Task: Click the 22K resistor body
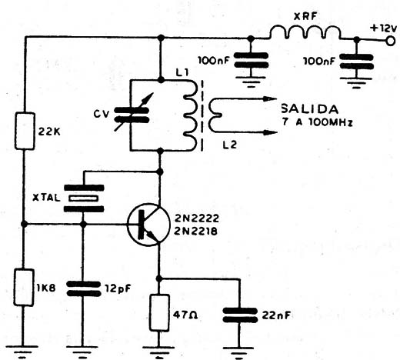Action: pos(25,131)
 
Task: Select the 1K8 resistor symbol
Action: pos(24,287)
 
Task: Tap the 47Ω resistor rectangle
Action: pos(159,313)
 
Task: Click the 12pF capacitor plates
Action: pos(83,288)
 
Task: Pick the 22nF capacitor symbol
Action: pos(240,315)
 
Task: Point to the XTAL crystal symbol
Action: pos(84,198)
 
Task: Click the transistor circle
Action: pos(148,225)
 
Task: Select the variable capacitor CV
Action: pos(132,115)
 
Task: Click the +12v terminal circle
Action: pos(390,41)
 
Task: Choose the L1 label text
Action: pos(182,73)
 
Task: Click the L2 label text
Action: pos(229,145)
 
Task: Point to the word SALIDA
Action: pos(310,109)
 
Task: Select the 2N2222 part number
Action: pos(197,218)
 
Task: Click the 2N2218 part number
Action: pos(196,232)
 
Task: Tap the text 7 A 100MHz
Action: pos(318,122)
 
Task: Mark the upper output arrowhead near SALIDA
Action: pos(270,98)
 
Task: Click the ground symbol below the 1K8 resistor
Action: pos(22,352)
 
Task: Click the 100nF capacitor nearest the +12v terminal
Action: pos(356,62)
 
